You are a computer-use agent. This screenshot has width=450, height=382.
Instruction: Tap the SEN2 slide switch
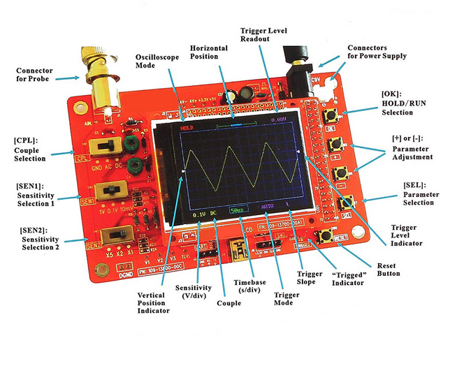[x=116, y=233]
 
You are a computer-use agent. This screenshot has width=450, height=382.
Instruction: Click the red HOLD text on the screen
[x=186, y=128]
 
